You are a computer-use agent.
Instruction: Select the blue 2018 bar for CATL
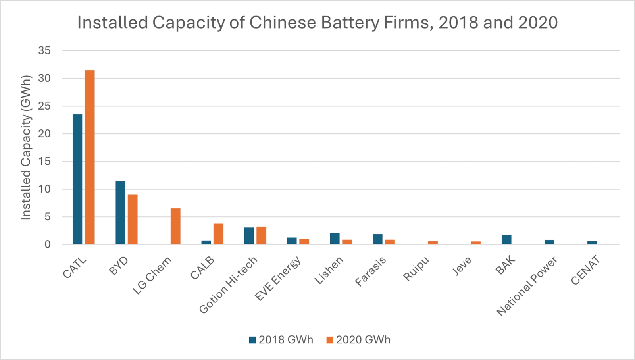[77, 179]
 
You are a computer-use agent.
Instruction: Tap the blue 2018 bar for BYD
[120, 212]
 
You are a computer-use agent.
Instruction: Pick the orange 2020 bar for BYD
[133, 219]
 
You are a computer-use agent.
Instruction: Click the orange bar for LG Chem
[175, 226]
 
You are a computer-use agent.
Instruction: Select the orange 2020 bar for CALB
[218, 234]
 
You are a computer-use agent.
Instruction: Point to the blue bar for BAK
[506, 239]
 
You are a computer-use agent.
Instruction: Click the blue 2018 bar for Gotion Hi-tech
[249, 236]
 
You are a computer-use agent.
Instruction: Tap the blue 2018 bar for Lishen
[335, 239]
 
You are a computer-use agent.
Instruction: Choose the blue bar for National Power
[549, 242]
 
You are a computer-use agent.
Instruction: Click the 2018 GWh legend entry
[281, 340]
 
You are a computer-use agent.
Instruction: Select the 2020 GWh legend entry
[358, 340]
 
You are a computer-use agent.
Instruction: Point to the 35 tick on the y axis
[44, 50]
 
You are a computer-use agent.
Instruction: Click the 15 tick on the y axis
[44, 161]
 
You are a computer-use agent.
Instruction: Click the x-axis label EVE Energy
[278, 279]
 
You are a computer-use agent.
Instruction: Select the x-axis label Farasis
[370, 272]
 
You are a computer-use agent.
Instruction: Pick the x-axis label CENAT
[585, 271]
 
